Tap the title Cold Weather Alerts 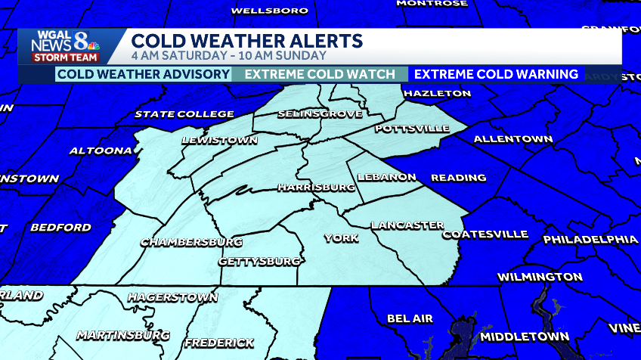[x=246, y=40]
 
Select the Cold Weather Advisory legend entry [x=144, y=74]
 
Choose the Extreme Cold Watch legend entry [x=320, y=74]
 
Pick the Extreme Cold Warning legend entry [x=496, y=74]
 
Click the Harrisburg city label [x=316, y=186]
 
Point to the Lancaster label [x=407, y=225]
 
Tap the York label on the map [x=341, y=238]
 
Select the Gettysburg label [x=259, y=261]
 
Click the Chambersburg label [x=191, y=242]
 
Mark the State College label [x=184, y=114]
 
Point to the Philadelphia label [x=590, y=239]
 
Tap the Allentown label [x=512, y=139]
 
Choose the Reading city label [x=458, y=178]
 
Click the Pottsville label [x=412, y=129]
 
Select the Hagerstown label [x=172, y=297]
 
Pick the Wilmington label [x=540, y=277]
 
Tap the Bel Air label [x=410, y=318]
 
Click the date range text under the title [x=228, y=55]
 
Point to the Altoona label [x=101, y=151]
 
